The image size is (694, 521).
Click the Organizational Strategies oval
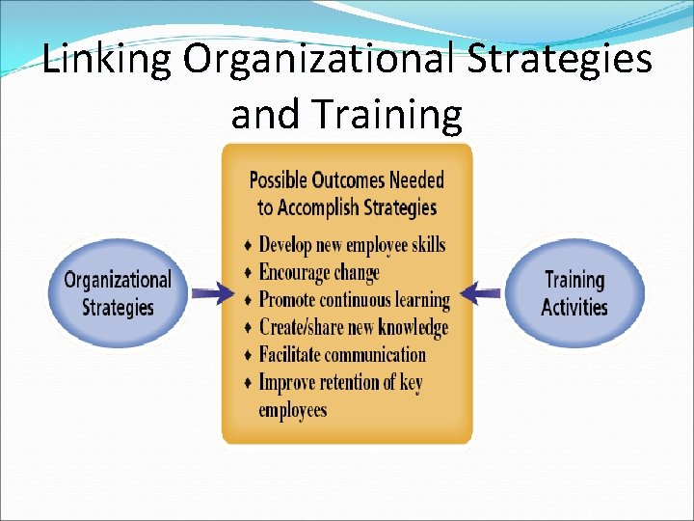[117, 293]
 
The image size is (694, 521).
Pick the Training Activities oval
[574, 293]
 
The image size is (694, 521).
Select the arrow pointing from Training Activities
[482, 292]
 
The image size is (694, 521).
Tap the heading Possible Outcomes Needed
[347, 179]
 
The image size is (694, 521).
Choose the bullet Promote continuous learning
[354, 300]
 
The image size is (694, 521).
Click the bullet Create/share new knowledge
[354, 328]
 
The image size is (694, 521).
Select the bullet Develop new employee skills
[352, 244]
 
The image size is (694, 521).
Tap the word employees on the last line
[292, 410]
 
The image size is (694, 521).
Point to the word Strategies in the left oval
[117, 308]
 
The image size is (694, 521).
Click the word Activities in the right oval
[574, 308]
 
